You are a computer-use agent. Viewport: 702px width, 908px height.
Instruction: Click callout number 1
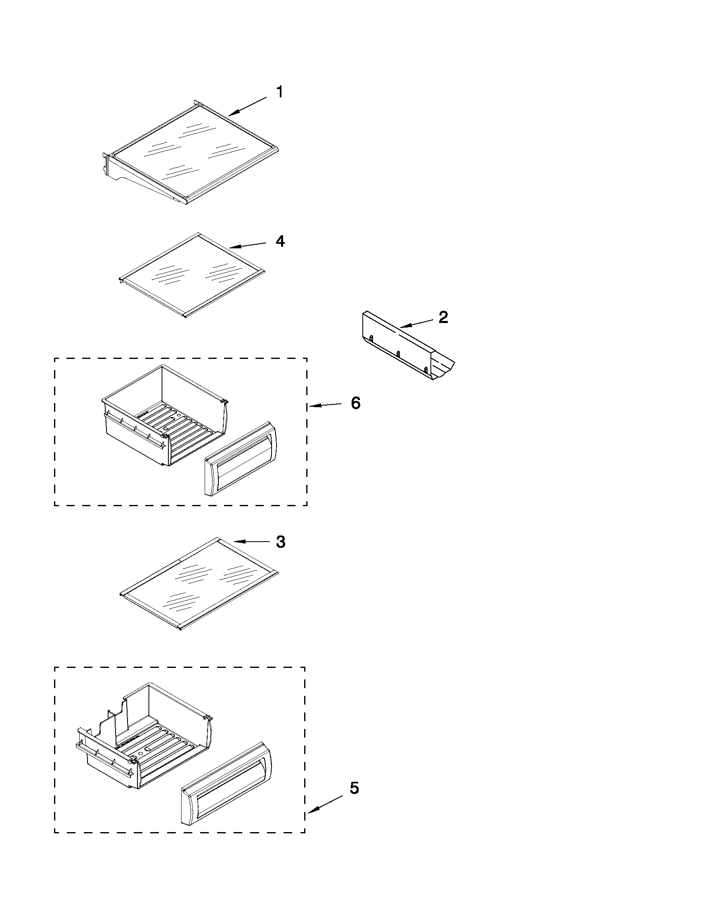280,92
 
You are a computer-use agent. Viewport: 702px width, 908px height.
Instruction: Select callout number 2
443,317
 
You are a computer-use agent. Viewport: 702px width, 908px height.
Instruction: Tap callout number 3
281,542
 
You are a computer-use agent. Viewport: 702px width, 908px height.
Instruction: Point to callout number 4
280,241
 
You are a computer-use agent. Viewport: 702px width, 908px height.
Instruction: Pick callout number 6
356,403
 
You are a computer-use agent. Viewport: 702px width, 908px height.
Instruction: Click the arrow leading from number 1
248,106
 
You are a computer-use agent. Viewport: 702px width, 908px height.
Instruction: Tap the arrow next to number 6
325,405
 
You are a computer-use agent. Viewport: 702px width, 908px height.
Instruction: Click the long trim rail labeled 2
408,345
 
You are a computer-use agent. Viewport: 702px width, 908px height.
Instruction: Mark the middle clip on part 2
398,354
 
